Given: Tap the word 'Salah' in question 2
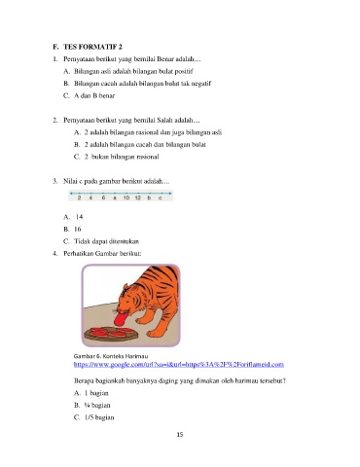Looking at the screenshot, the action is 165,120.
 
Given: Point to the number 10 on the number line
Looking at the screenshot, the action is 126,198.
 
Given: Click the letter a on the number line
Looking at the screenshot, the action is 115,198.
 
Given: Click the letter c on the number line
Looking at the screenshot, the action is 161,198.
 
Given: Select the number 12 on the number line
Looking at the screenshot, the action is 138,198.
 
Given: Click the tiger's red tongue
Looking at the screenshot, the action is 120,319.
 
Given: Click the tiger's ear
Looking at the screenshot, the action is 126,287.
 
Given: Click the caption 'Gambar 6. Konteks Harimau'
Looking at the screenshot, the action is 111,356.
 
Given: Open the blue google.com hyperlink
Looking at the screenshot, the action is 179,364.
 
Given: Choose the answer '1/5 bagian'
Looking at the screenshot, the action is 94,417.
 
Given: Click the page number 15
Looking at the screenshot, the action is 180,435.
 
